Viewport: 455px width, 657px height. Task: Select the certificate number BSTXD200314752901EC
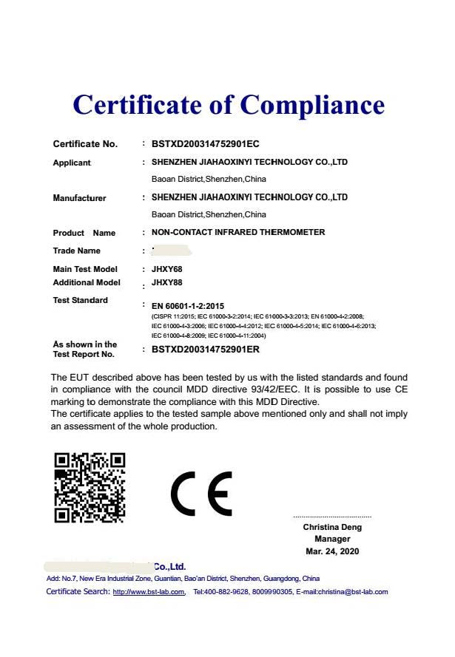[x=205, y=144]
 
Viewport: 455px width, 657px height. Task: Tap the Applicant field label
[x=72, y=163]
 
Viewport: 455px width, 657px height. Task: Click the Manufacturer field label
[x=79, y=198]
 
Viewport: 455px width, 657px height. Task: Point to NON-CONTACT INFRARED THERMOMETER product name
[x=238, y=233]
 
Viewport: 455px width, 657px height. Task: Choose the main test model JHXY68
[x=166, y=269]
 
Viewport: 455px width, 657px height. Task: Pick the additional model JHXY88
[x=166, y=282]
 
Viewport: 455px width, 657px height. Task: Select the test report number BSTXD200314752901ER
[x=206, y=349]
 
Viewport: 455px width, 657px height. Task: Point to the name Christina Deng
[x=332, y=528]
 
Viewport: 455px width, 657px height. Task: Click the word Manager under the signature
[x=332, y=539]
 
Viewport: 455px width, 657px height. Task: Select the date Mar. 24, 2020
[x=332, y=552]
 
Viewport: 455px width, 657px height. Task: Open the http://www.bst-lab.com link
[x=149, y=592]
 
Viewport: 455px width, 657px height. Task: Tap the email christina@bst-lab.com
[x=353, y=592]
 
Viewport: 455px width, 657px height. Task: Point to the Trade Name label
[x=76, y=251]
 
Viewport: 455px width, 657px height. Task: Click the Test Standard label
[x=80, y=300]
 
